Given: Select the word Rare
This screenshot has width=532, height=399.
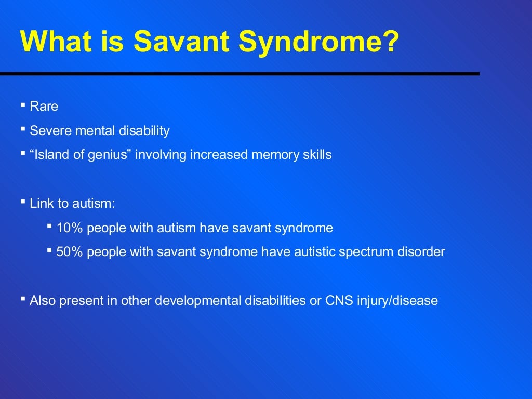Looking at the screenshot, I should click(x=44, y=107).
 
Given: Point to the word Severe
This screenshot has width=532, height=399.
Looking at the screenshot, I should click(x=51, y=131).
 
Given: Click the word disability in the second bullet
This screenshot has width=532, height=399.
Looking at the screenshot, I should click(x=145, y=131).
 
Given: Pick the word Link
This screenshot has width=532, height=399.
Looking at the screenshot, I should click(x=42, y=203).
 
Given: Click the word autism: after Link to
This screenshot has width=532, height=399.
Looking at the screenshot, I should click(x=94, y=203).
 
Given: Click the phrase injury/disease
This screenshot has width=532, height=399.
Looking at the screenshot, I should click(x=397, y=301).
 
